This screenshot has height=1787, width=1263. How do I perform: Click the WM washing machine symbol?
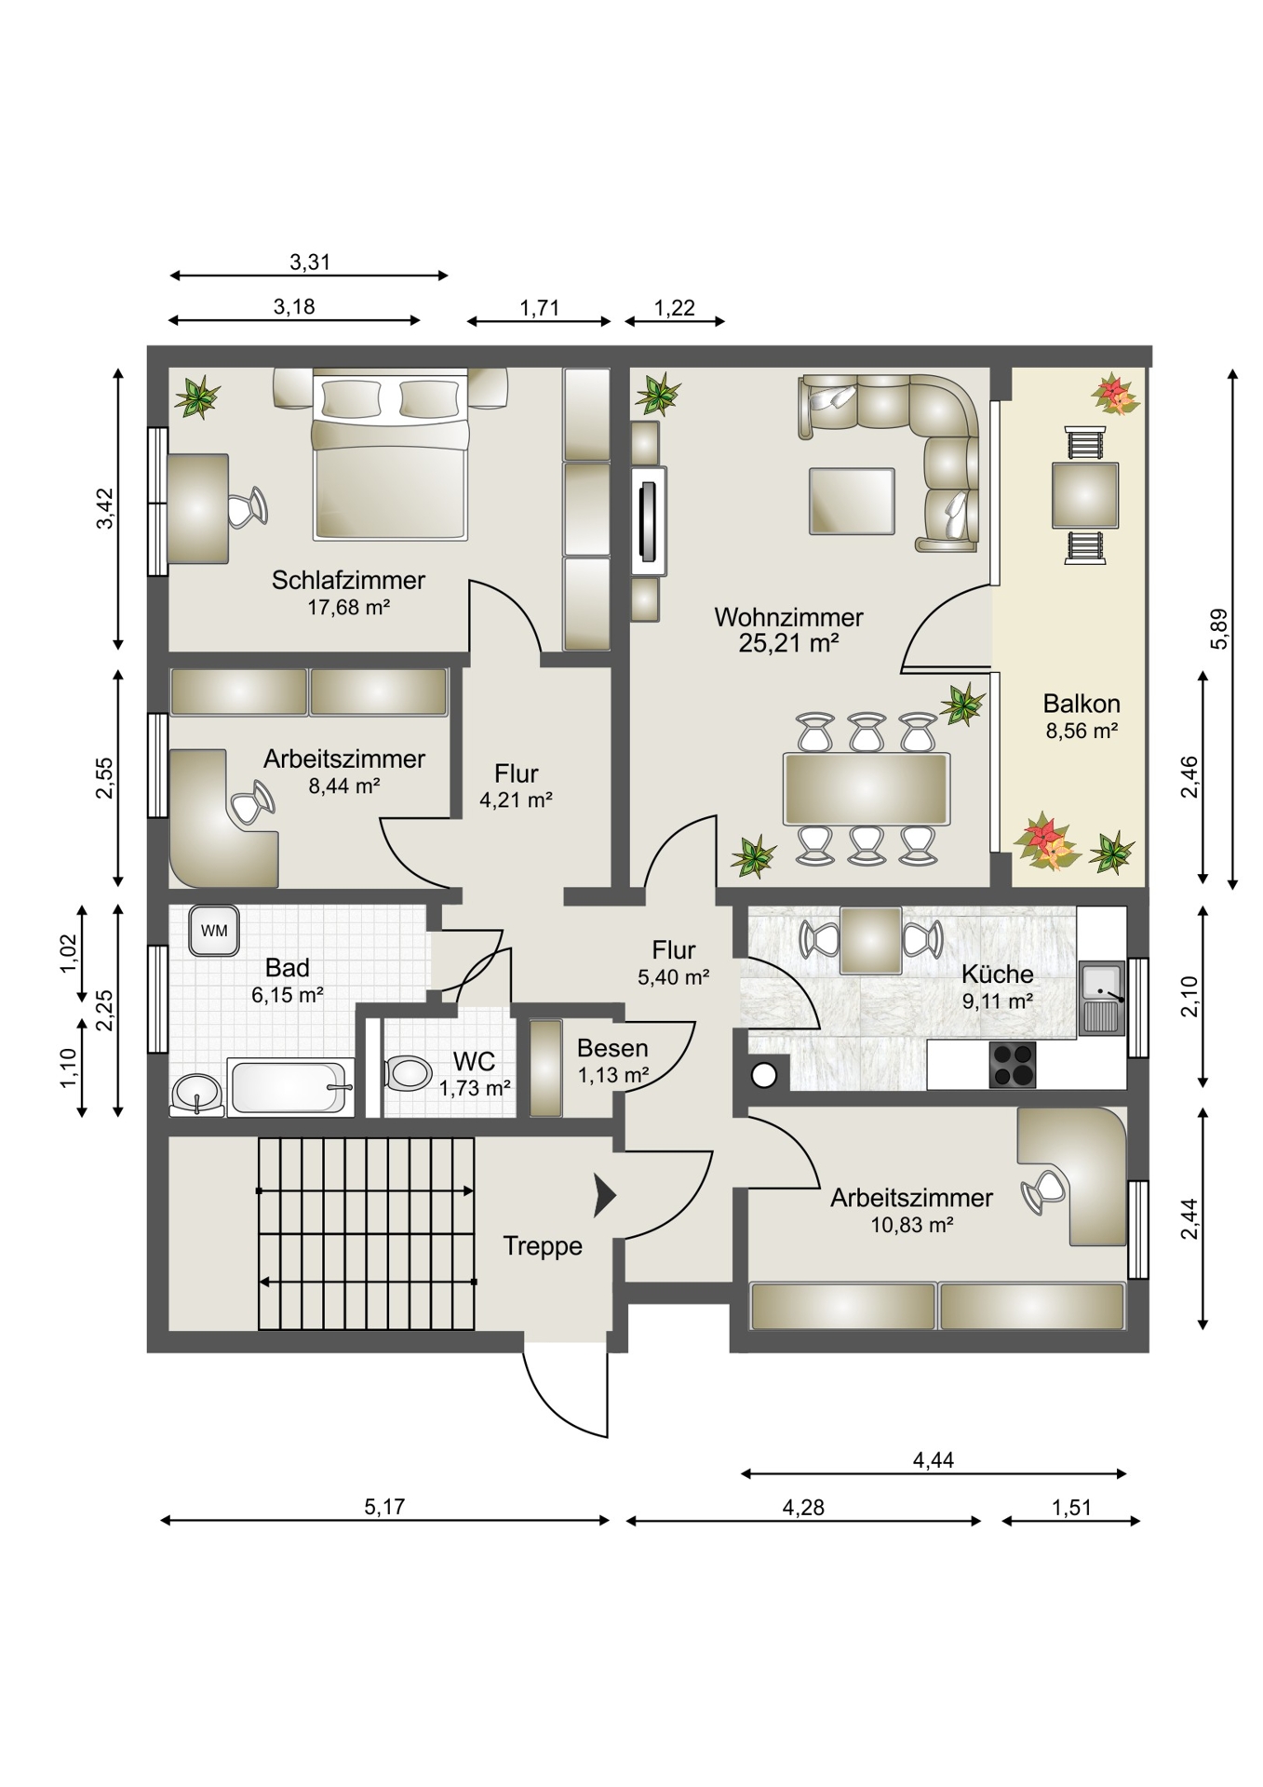point(214,931)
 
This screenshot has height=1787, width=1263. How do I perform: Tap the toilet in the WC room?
point(407,1073)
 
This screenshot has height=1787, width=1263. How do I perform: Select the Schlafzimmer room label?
point(348,580)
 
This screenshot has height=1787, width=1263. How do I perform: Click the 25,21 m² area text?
point(789,642)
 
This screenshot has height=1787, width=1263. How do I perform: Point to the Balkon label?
point(1082,703)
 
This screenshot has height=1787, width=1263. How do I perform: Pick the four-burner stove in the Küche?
point(1011,1065)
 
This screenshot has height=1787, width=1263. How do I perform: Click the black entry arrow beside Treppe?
point(605,1196)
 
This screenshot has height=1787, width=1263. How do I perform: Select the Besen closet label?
point(612,1048)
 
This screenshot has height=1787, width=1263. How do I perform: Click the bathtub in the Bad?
point(291,1086)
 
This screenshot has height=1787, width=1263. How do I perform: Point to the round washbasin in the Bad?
point(196,1093)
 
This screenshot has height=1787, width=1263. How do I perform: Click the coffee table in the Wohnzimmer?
point(852,501)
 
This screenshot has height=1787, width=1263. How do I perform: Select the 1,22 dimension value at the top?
point(675,308)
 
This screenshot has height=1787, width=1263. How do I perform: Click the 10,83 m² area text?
point(912,1225)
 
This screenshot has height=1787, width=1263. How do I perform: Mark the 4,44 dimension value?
point(934,1460)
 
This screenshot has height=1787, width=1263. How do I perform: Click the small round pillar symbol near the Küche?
point(764,1076)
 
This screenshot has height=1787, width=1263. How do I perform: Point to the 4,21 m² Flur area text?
point(517,799)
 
